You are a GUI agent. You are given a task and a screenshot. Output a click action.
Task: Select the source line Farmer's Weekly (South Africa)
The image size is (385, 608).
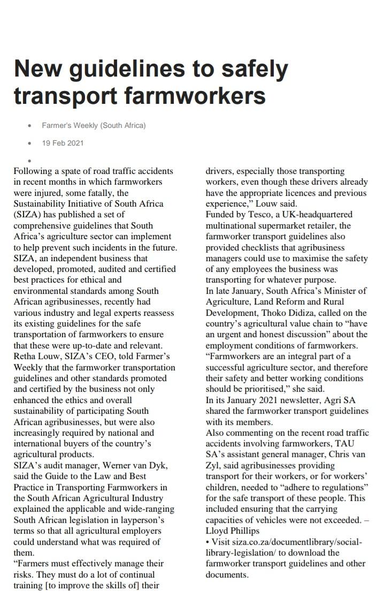point(94,125)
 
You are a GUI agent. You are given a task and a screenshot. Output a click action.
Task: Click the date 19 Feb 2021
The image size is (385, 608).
point(63,143)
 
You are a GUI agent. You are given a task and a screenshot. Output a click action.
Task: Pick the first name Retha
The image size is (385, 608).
point(25,356)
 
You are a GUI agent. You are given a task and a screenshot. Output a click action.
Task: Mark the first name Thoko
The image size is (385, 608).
point(283,313)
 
